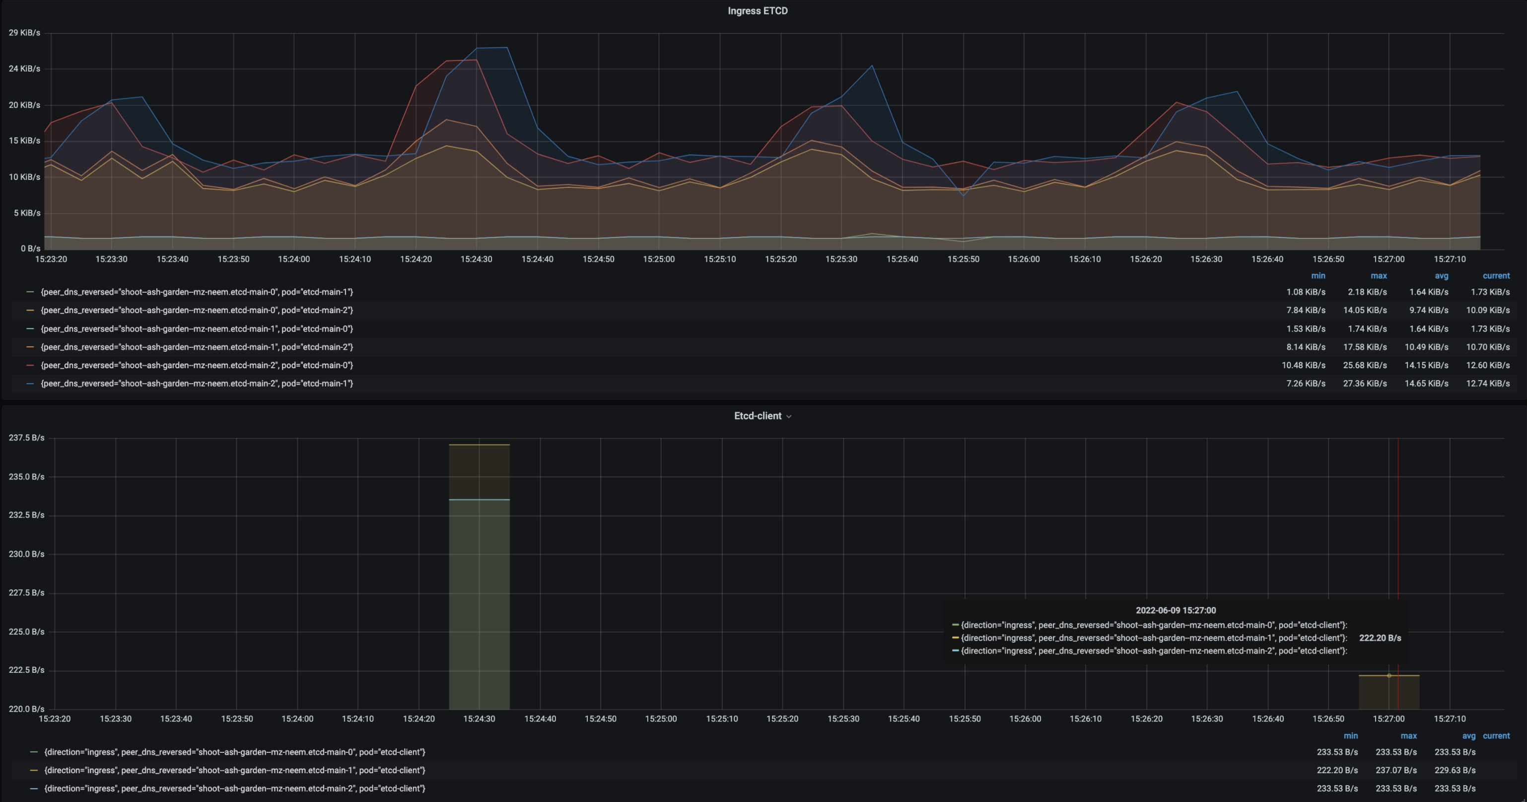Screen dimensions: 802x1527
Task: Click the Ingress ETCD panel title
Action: click(x=757, y=10)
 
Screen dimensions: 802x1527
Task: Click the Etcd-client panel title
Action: click(x=757, y=416)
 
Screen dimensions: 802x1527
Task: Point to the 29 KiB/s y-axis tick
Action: click(x=24, y=33)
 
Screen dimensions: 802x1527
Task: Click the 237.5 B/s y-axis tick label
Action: click(x=26, y=438)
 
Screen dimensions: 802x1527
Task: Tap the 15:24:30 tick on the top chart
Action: click(x=476, y=259)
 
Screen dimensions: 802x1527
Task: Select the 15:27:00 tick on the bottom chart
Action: click(x=1388, y=719)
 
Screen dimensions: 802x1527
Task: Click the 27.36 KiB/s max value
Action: click(x=1365, y=383)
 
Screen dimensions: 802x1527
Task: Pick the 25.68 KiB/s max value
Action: click(x=1365, y=365)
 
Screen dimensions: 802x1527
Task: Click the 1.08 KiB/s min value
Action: click(x=1305, y=292)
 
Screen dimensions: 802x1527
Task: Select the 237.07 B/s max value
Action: click(x=1396, y=770)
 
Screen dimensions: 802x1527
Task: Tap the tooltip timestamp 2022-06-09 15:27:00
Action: click(x=1176, y=610)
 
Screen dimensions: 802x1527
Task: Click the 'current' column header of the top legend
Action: click(x=1496, y=276)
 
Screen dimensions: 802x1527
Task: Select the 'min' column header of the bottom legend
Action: click(x=1350, y=735)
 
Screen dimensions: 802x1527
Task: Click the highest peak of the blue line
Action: click(x=492, y=48)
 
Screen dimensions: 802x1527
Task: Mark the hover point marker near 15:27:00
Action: click(x=1389, y=676)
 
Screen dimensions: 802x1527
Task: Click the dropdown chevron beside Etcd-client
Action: click(x=789, y=416)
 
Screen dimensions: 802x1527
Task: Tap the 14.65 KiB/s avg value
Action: click(x=1426, y=383)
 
